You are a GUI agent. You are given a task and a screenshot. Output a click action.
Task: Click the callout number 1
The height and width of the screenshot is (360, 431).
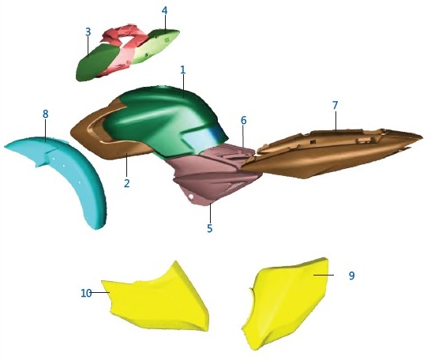tap(183, 69)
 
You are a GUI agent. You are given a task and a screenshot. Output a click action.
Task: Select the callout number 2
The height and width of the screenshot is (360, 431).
tap(126, 183)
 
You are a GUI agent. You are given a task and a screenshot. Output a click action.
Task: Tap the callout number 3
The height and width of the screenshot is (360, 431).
tap(88, 32)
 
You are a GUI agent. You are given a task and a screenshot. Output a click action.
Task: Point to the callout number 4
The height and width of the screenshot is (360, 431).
tap(164, 11)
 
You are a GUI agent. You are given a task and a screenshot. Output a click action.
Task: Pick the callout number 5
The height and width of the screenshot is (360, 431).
tap(210, 228)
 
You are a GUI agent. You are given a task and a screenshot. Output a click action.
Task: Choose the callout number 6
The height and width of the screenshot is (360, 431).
tap(244, 120)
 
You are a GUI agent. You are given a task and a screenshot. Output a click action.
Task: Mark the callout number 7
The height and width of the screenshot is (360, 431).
tap(335, 105)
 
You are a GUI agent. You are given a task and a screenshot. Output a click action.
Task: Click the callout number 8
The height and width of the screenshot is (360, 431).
tap(46, 114)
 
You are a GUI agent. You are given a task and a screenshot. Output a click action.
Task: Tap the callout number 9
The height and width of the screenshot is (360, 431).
tap(351, 276)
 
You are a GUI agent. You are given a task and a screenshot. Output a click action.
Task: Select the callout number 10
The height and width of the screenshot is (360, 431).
tap(86, 293)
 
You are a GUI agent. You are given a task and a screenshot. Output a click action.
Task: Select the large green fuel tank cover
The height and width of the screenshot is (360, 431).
tap(162, 121)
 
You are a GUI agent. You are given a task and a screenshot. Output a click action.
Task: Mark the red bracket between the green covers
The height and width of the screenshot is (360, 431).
tap(124, 47)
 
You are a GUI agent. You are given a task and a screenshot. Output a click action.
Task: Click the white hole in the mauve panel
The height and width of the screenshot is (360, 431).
tap(191, 196)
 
